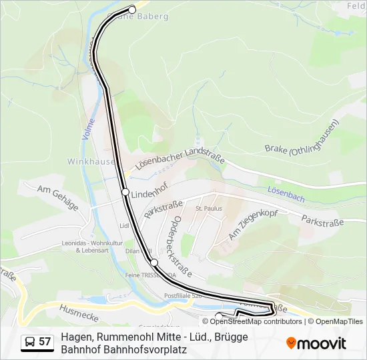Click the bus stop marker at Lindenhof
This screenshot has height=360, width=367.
(x=125, y=192)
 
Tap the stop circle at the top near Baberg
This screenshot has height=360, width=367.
(x=132, y=9)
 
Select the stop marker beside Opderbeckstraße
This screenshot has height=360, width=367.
(x=154, y=262)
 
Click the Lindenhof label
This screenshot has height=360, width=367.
(x=147, y=195)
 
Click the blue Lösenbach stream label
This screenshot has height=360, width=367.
(x=285, y=190)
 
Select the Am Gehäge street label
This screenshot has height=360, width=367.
(x=58, y=198)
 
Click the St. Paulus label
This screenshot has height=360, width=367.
(x=208, y=209)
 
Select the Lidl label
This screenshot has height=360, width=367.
(x=122, y=226)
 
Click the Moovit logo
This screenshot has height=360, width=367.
(x=316, y=343)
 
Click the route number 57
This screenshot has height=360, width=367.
(x=45, y=342)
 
